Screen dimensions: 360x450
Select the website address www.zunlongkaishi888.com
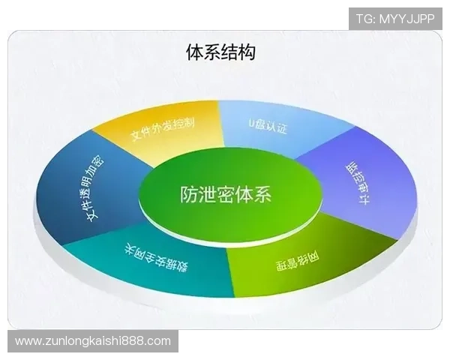pyautogui.click(x=93, y=341)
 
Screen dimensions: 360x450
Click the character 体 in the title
pyautogui.click(x=194, y=52)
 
